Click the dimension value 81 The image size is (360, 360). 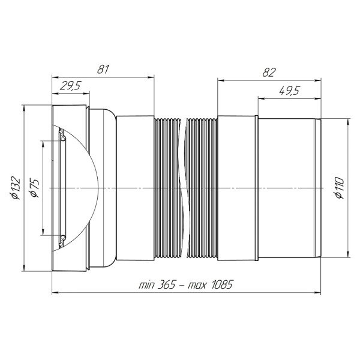click(103, 69)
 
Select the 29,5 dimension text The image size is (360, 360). click(70, 86)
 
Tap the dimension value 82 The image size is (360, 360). click(269, 73)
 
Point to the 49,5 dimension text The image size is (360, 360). click(290, 91)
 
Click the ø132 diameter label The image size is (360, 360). click(17, 188)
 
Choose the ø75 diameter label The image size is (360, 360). click(35, 188)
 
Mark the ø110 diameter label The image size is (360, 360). click(340, 188)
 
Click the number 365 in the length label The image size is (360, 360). click(166, 285)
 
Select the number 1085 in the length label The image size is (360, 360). click(221, 285)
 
